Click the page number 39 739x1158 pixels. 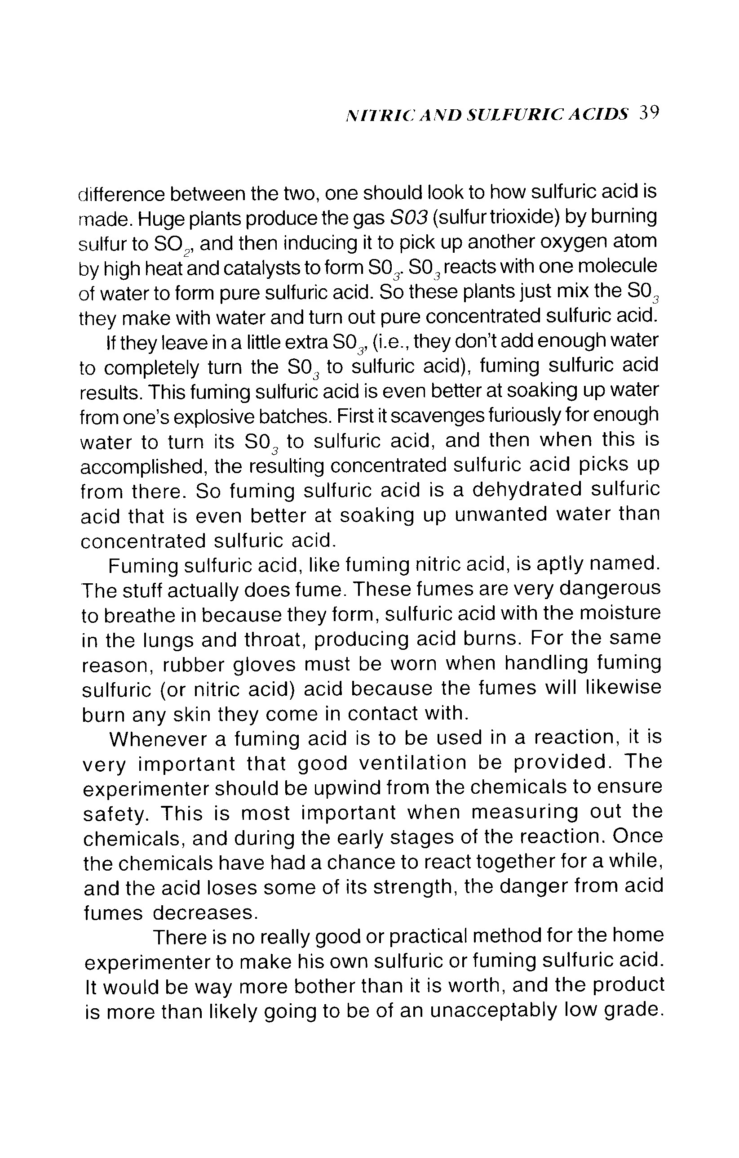coord(649,113)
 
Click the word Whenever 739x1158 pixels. coord(157,739)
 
